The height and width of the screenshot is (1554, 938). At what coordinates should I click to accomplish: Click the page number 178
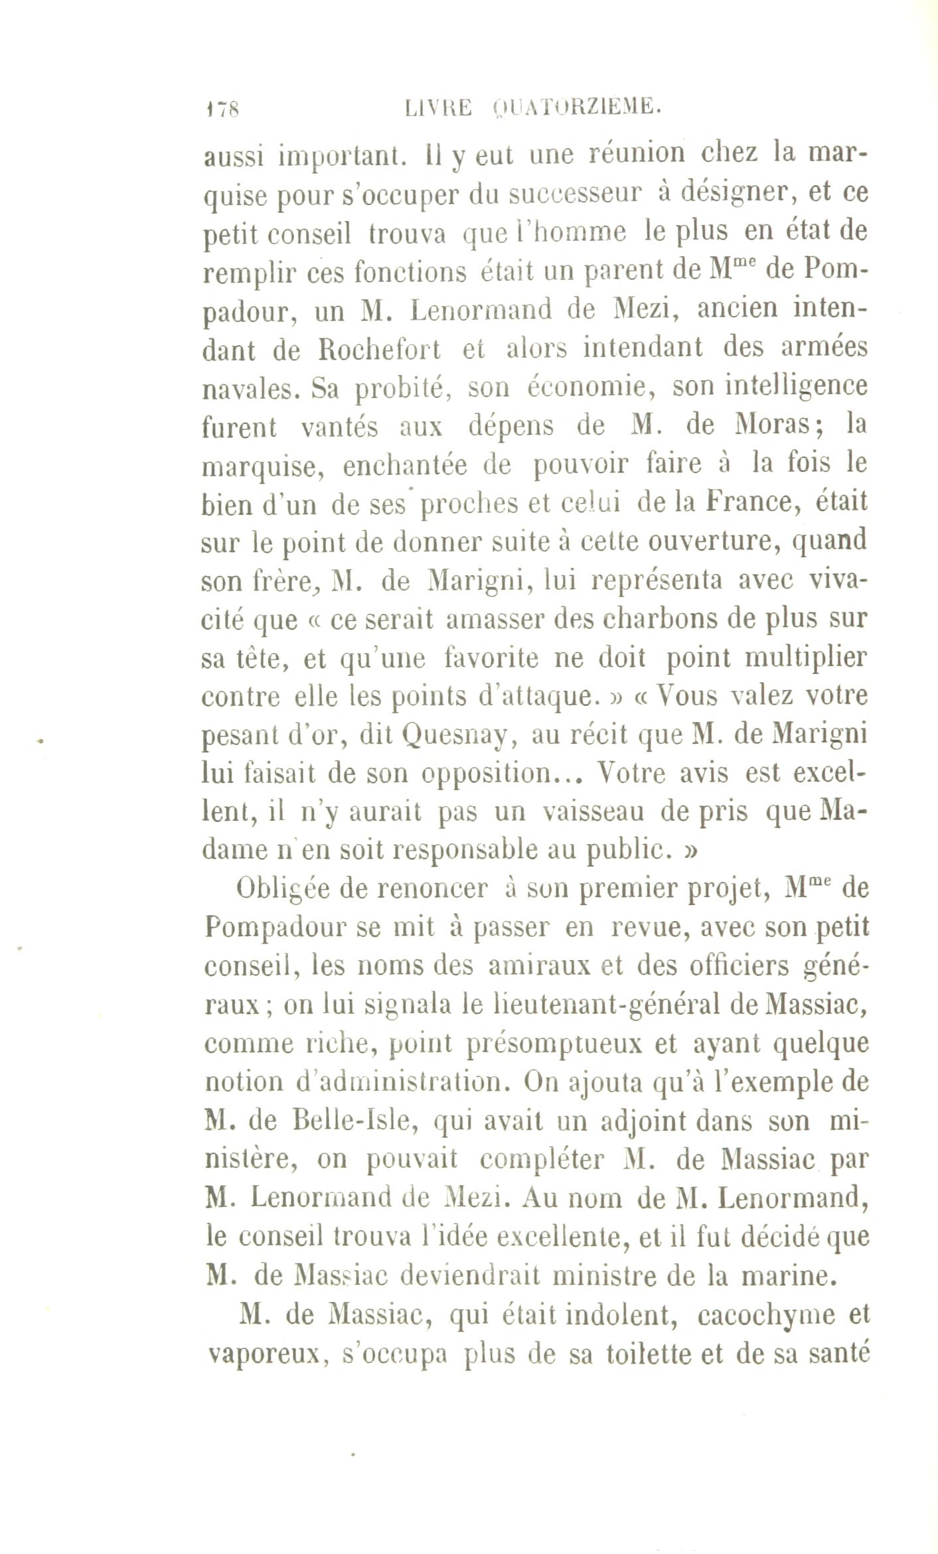pos(224,109)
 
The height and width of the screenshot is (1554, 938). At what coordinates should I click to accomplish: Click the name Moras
pos(771,425)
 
